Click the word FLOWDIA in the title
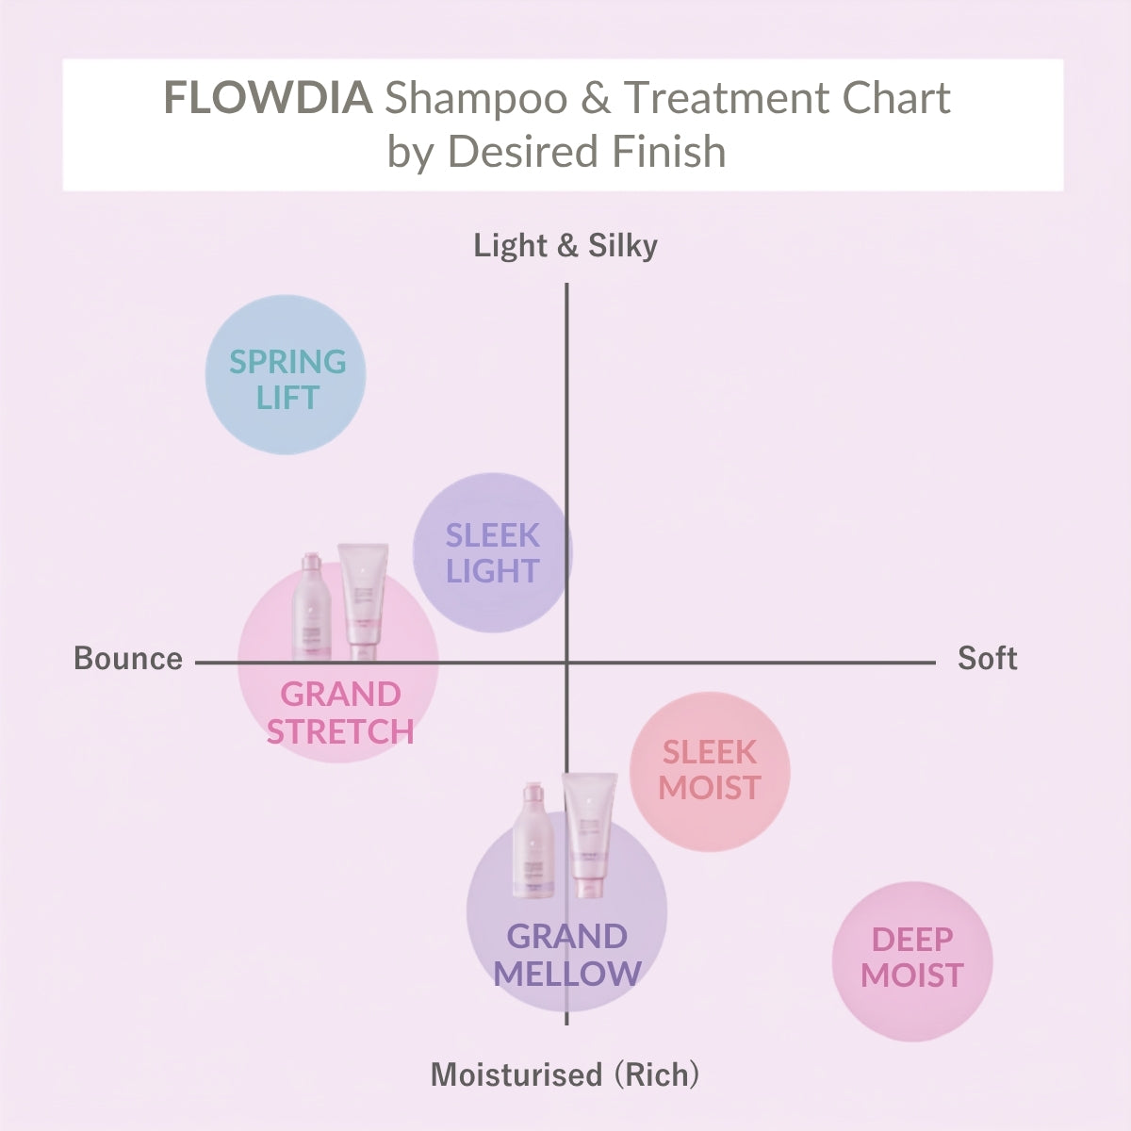269,97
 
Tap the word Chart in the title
896,97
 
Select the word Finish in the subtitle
669,152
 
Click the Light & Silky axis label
565,245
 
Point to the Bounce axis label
128,658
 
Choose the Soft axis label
987,658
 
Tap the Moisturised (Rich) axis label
565,1075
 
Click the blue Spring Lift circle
286,374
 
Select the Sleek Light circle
492,552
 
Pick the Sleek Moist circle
710,771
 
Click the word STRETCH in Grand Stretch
340,731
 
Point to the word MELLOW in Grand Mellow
567,974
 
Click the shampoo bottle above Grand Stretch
312,606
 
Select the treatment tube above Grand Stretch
363,602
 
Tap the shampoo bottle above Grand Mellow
533,841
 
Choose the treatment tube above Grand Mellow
590,835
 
